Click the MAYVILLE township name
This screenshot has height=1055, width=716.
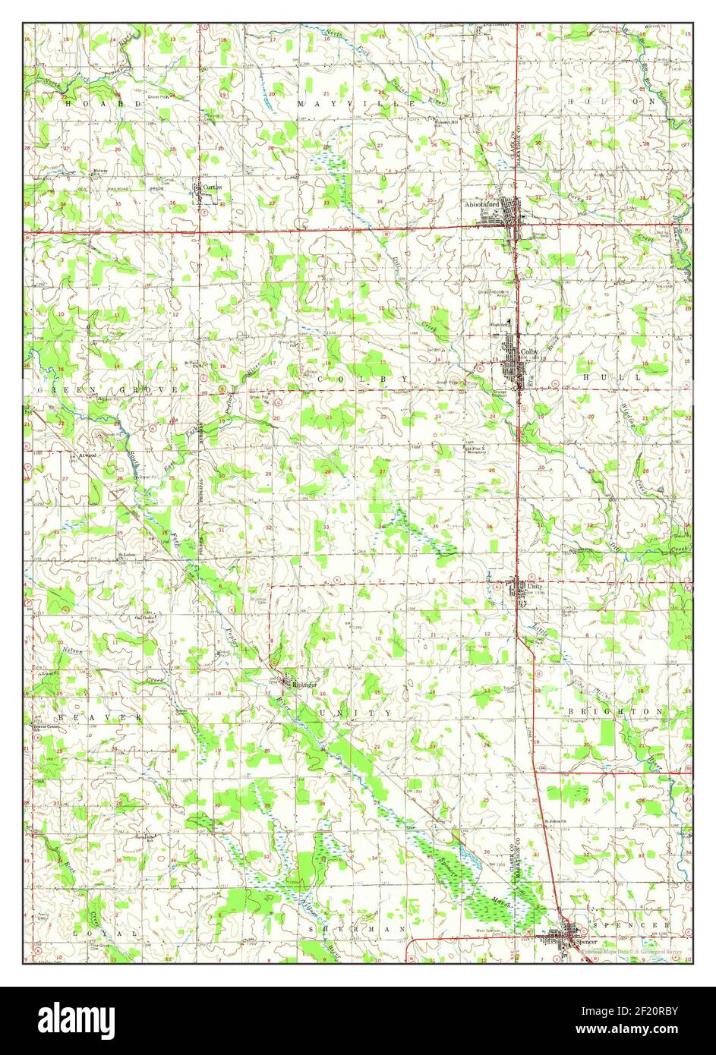[x=357, y=102]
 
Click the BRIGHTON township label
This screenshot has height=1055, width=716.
[x=616, y=711]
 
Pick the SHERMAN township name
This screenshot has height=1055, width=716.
[x=358, y=928]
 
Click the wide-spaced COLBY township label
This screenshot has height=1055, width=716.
[x=362, y=378]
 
